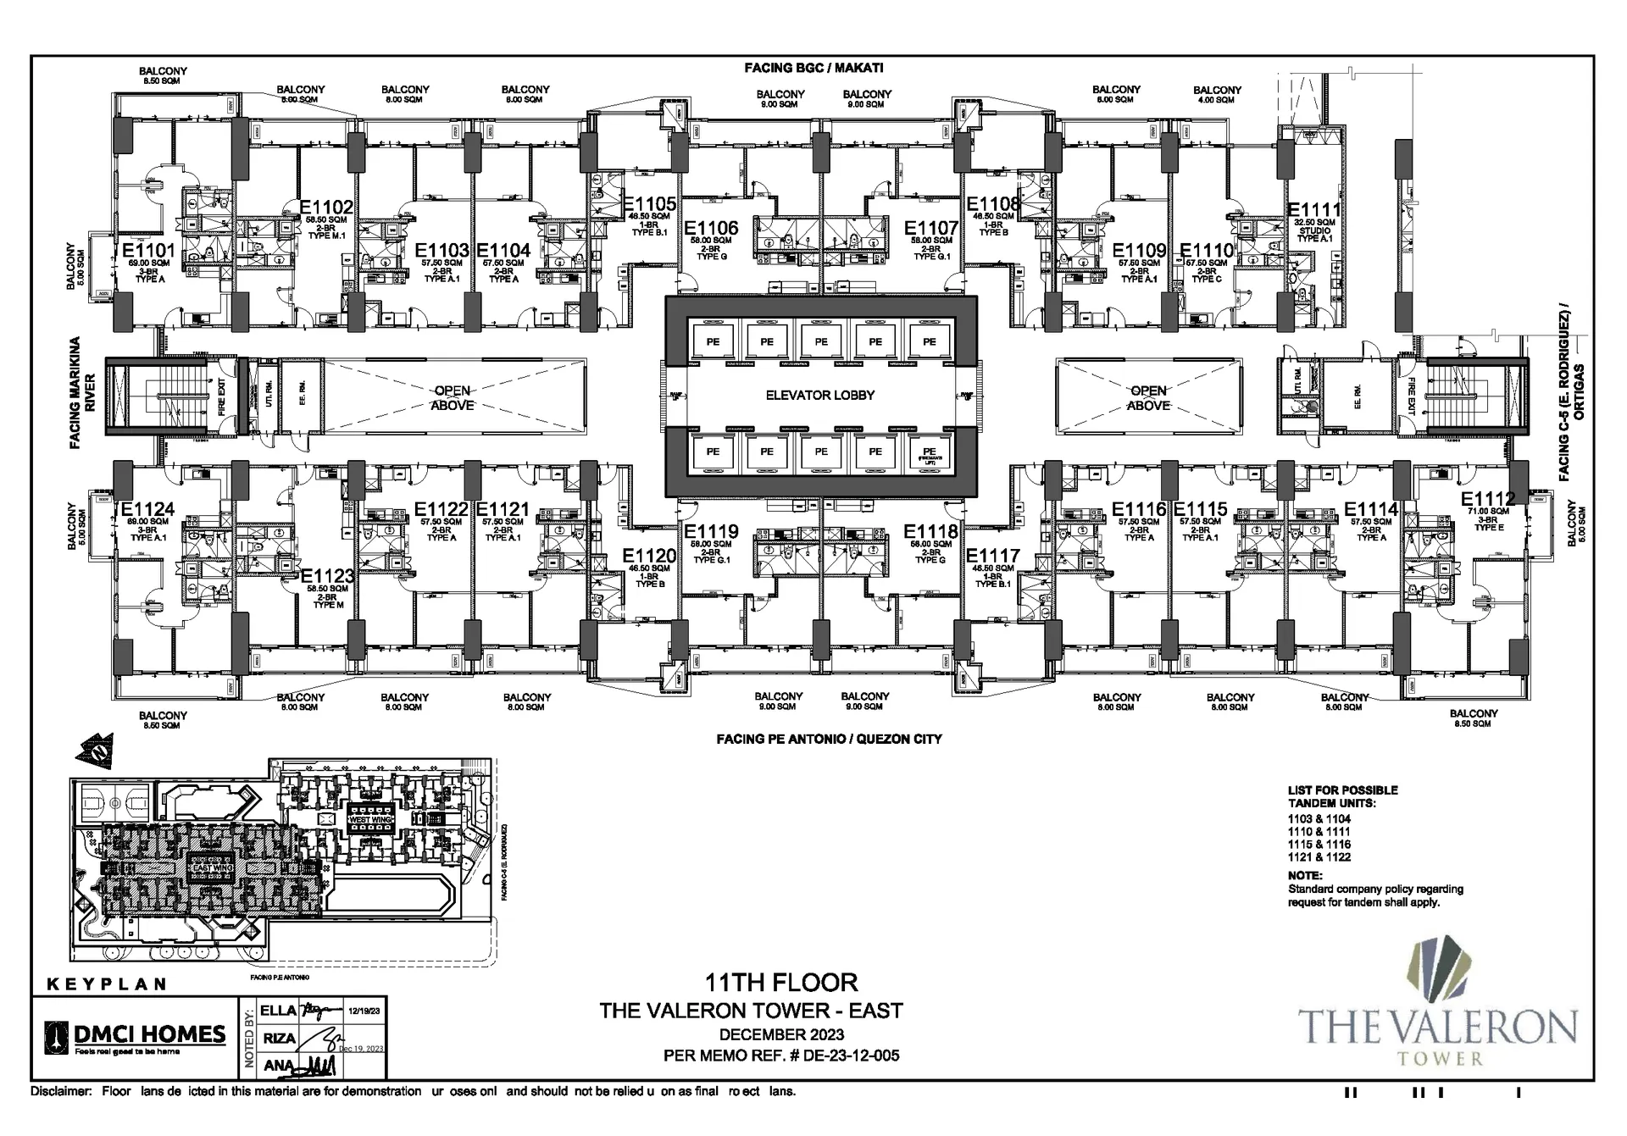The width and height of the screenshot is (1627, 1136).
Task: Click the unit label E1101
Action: click(x=148, y=251)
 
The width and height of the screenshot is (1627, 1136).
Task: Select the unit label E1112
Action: click(x=1487, y=499)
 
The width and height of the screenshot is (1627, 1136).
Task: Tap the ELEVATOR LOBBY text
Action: click(x=819, y=395)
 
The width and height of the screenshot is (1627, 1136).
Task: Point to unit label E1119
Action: click(x=711, y=532)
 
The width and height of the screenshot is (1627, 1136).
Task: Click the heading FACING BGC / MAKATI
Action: click(x=813, y=68)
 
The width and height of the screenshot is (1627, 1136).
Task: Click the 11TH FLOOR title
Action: click(x=781, y=983)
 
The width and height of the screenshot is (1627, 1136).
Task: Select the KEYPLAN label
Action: click(x=106, y=984)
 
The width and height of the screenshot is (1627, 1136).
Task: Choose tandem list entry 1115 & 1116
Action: click(x=1319, y=845)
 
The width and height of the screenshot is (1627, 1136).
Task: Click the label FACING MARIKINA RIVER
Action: click(x=82, y=392)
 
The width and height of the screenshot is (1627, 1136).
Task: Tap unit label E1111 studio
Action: click(x=1313, y=211)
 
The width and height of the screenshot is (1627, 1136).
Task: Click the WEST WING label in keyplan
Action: click(x=370, y=820)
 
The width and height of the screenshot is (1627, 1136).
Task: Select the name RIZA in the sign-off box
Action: click(x=278, y=1038)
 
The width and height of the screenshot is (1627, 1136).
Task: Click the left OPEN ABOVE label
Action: click(x=453, y=398)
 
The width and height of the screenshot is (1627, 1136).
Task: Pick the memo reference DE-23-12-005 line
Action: click(x=781, y=1056)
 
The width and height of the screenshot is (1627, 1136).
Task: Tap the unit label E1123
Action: click(x=327, y=576)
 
